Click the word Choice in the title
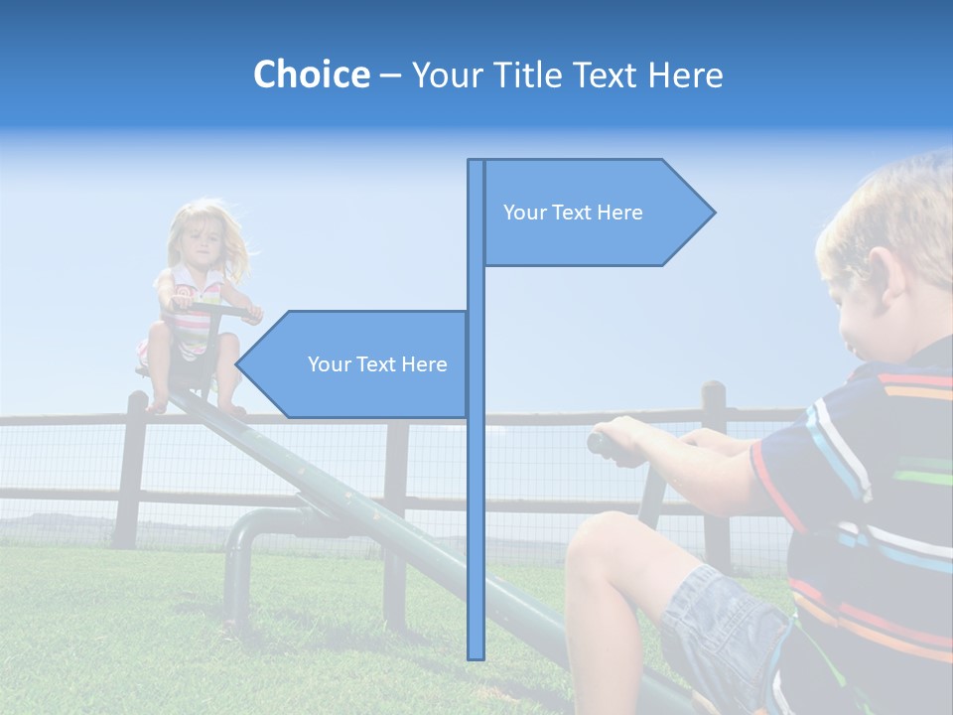pyautogui.click(x=311, y=75)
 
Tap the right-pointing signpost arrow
pyautogui.click(x=596, y=213)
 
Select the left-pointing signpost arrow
pyautogui.click(x=352, y=364)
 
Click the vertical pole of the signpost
pyautogui.click(x=476, y=497)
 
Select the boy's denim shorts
pyautogui.click(x=725, y=626)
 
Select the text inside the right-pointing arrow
pyautogui.click(x=573, y=213)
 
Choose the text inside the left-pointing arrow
pyautogui.click(x=377, y=364)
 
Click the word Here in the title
pyautogui.click(x=685, y=75)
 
